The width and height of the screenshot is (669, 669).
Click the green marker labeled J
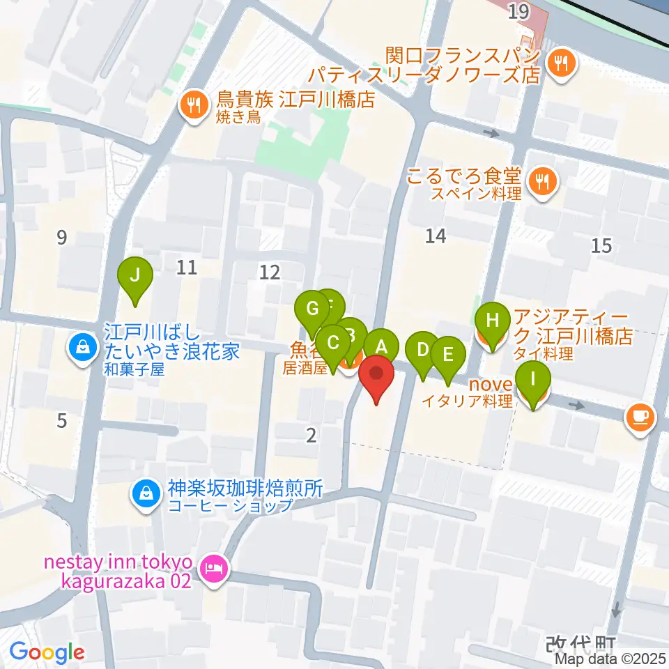136,277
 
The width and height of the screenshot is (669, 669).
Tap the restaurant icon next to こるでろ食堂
541,183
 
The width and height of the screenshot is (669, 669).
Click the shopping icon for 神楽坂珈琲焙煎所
144,495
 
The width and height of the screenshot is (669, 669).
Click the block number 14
436,237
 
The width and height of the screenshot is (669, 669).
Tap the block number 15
601,245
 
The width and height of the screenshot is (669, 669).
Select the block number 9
62,238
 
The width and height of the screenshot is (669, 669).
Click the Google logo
47,652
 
